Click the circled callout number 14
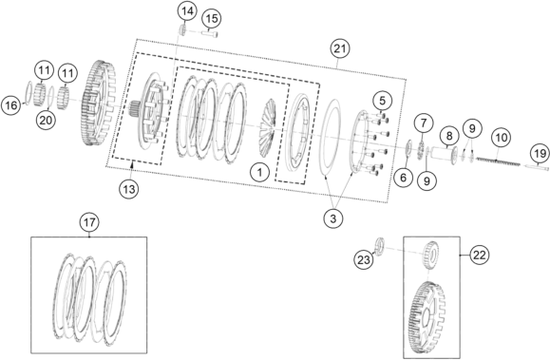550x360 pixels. (x=187, y=11)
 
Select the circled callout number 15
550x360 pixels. (x=212, y=19)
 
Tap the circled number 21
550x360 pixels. (x=339, y=48)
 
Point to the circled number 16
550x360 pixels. (x=10, y=104)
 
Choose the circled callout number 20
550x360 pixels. (x=46, y=121)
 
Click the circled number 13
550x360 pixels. (x=129, y=189)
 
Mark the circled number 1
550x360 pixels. (x=259, y=172)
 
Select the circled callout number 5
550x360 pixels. (x=382, y=101)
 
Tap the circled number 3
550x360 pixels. (x=332, y=218)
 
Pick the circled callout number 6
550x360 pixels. (x=403, y=178)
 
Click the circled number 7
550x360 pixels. (x=424, y=123)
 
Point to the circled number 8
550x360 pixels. (x=449, y=136)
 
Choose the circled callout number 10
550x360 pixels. (x=502, y=137)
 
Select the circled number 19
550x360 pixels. (x=541, y=153)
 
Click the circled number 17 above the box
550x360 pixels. (x=89, y=222)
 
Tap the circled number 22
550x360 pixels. (x=479, y=256)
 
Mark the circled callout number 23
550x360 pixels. (x=364, y=260)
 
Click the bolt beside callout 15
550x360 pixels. (x=209, y=34)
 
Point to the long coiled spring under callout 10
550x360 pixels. (x=498, y=161)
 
